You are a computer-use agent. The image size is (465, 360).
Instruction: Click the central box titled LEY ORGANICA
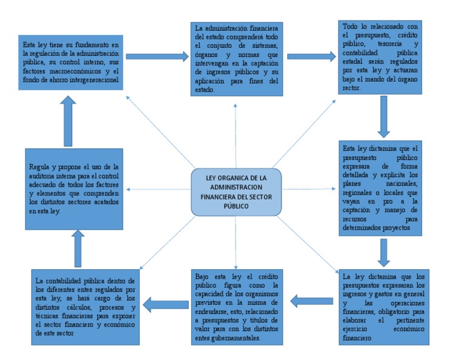tap(236, 192)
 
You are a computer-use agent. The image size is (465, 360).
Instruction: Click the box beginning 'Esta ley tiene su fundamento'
tap(71, 62)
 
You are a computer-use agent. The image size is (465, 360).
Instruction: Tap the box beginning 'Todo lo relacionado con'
tap(380, 57)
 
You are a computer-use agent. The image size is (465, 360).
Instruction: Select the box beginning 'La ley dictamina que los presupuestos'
tap(384, 307)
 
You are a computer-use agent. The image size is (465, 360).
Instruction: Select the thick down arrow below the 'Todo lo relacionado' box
tap(383, 116)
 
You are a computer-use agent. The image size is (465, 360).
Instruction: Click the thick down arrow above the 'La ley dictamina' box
tap(383, 252)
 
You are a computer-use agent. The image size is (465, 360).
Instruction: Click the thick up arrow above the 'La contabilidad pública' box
tap(77, 248)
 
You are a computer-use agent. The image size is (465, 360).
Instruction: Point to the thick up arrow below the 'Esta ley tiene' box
tap(68, 121)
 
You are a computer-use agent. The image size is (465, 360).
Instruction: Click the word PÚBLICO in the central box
tap(236, 206)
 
